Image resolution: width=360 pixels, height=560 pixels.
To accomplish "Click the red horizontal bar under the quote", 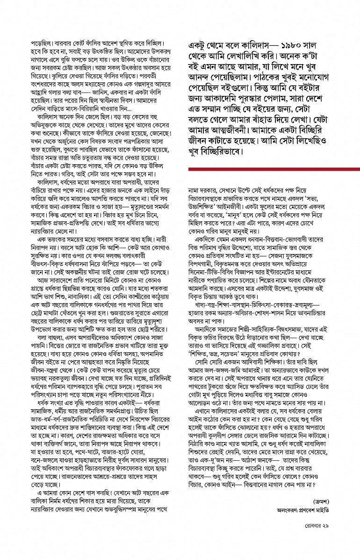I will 274,169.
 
